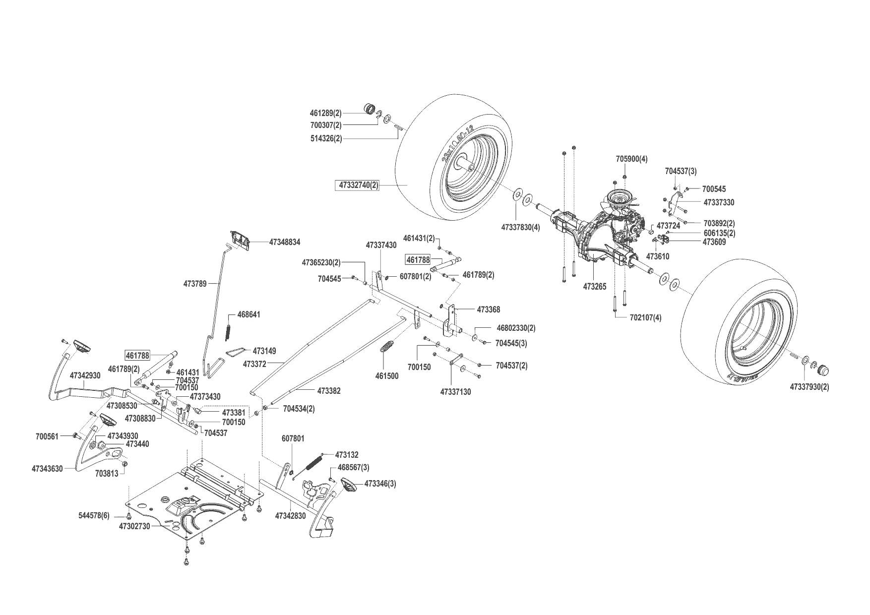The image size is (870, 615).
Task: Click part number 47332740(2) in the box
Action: click(x=358, y=185)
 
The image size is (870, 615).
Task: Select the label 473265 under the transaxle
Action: click(x=595, y=287)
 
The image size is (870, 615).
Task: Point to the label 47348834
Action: click(x=285, y=242)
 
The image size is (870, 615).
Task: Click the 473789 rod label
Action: click(x=194, y=284)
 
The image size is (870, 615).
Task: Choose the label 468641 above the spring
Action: click(x=249, y=314)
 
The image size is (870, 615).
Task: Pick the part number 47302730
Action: click(x=134, y=526)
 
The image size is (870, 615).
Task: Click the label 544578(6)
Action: click(x=94, y=516)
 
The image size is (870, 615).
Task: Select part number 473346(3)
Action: click(x=380, y=483)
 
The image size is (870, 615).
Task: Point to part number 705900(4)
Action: click(x=631, y=159)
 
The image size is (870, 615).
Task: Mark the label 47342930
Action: click(x=85, y=375)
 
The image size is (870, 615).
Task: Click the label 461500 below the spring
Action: click(x=387, y=376)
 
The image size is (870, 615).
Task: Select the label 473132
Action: click(x=347, y=454)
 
